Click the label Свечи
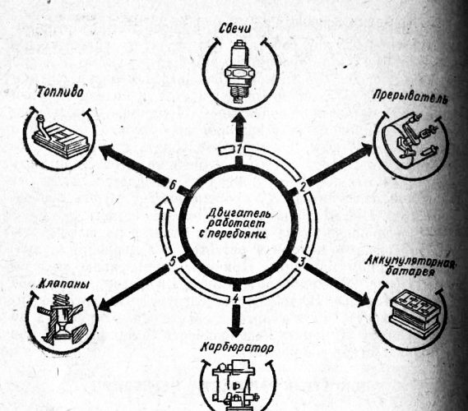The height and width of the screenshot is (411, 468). pyautogui.click(x=235, y=28)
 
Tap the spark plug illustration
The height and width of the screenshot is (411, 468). pyautogui.click(x=239, y=72)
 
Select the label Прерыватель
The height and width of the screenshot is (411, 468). pyautogui.click(x=411, y=98)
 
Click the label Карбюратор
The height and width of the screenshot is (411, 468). pyautogui.click(x=238, y=348)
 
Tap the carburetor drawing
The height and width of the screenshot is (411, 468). pyautogui.click(x=236, y=385)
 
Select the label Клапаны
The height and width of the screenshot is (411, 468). pyautogui.click(x=64, y=284)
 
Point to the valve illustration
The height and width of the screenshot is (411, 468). pyautogui.click(x=62, y=318)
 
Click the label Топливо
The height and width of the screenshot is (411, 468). pyautogui.click(x=60, y=93)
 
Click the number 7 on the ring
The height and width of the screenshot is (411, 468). pyautogui.click(x=239, y=150)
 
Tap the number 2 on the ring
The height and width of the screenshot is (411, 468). pyautogui.click(x=303, y=187)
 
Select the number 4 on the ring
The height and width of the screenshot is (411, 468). pyautogui.click(x=236, y=298)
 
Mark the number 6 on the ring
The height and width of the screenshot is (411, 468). pyautogui.click(x=172, y=186)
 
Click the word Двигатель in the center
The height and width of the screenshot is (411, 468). pyautogui.click(x=239, y=213)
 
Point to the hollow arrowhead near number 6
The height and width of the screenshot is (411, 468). pyautogui.click(x=165, y=205)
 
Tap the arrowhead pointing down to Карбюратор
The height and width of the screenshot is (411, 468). pyautogui.click(x=236, y=330)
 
